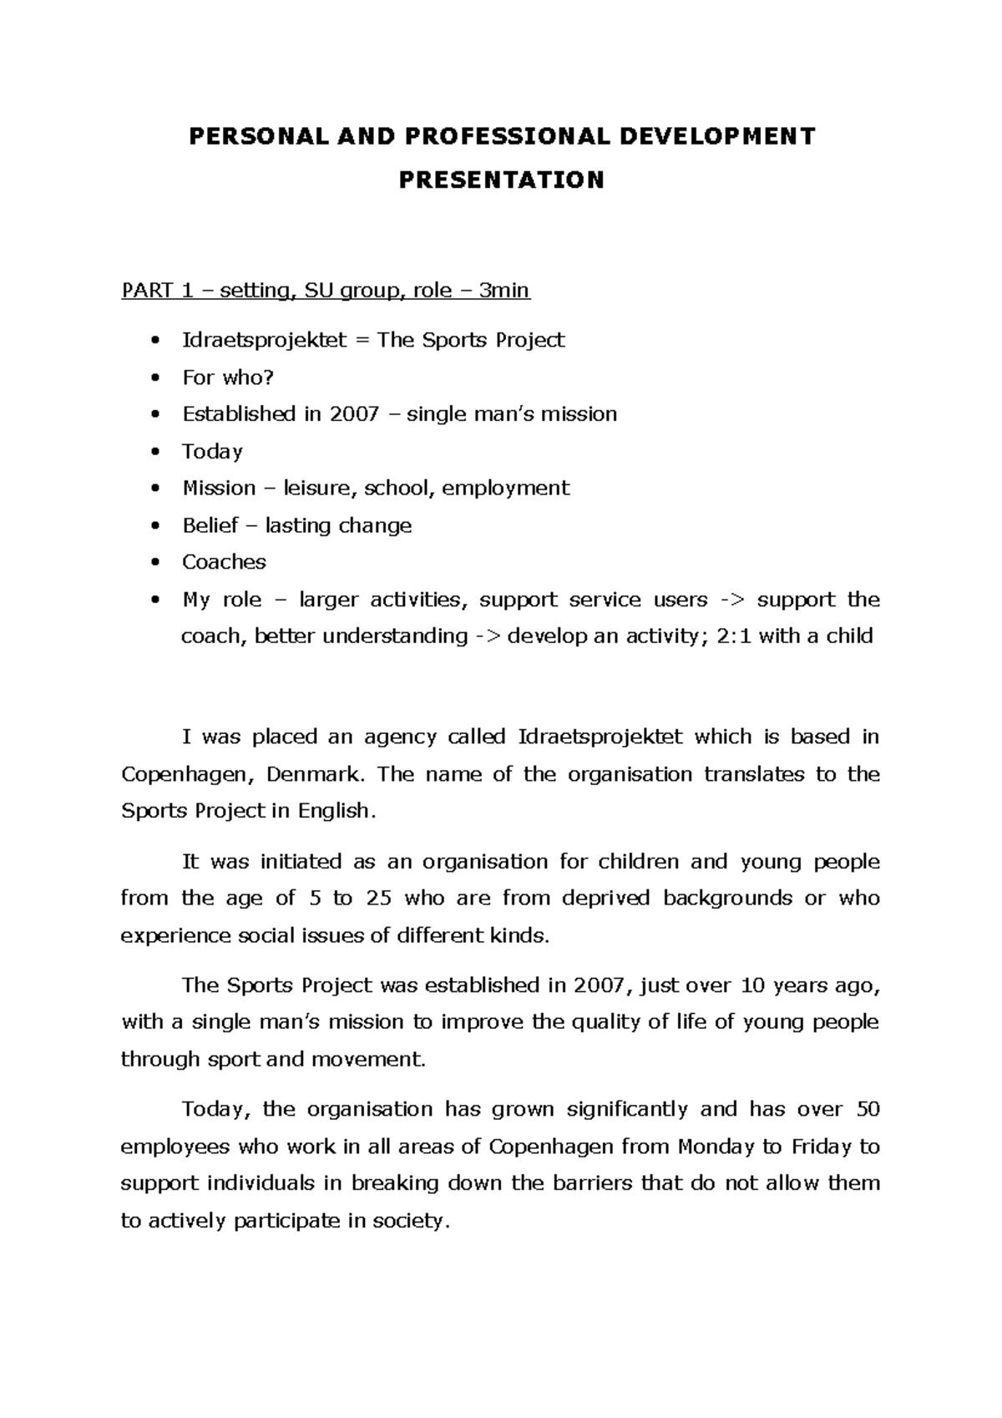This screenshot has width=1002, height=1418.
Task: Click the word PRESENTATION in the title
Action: pos(501,180)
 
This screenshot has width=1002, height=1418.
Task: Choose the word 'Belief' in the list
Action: pos(210,525)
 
